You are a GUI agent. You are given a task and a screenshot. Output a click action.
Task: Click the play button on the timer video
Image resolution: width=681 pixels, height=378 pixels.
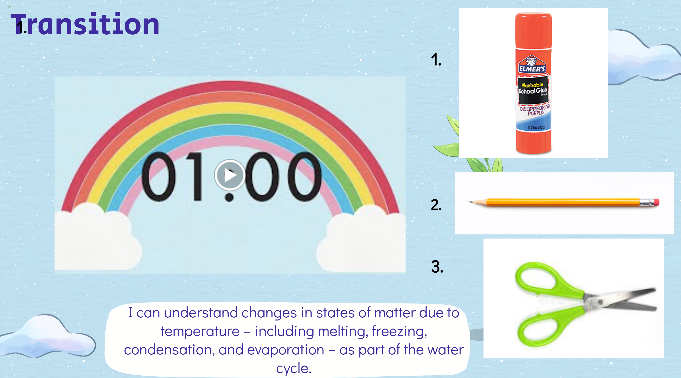point(230,175)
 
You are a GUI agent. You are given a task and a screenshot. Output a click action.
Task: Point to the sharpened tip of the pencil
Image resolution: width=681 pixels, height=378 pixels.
point(468,202)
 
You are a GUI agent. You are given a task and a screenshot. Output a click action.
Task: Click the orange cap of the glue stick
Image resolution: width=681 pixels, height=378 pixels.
point(534,31)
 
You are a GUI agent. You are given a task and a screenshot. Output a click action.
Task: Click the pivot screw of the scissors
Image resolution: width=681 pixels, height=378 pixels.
point(600,302)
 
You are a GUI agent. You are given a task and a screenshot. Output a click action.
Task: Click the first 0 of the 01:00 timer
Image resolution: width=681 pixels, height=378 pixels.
point(159,176)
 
